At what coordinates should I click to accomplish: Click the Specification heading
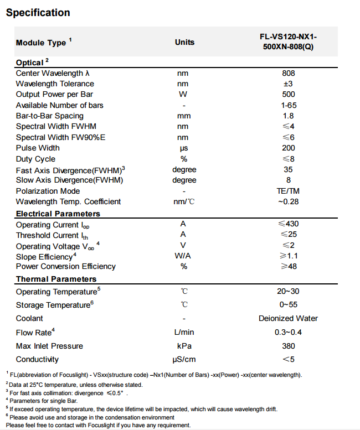click(38, 13)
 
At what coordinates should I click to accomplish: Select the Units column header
click(184, 42)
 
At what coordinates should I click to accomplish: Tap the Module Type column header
click(44, 43)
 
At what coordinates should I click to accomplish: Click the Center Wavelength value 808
click(288, 73)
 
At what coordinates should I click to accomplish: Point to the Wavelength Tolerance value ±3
click(288, 84)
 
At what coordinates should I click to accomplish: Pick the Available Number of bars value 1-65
click(288, 105)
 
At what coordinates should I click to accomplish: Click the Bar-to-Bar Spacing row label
click(50, 116)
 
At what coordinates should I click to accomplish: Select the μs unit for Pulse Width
click(184, 148)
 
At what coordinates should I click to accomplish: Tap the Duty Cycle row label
click(35, 159)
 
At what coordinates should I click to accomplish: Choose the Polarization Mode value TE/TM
click(288, 191)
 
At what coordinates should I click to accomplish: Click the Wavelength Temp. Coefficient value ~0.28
click(288, 201)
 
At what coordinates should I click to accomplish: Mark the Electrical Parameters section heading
click(58, 214)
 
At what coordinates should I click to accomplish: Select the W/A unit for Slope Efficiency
click(184, 256)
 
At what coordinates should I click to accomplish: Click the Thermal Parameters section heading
click(56, 279)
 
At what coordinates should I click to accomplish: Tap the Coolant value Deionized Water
click(288, 318)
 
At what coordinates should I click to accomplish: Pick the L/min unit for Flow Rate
click(184, 332)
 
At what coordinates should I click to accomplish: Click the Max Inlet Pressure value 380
click(288, 346)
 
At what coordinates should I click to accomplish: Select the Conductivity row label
click(38, 360)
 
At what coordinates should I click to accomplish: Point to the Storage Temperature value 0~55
click(288, 304)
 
